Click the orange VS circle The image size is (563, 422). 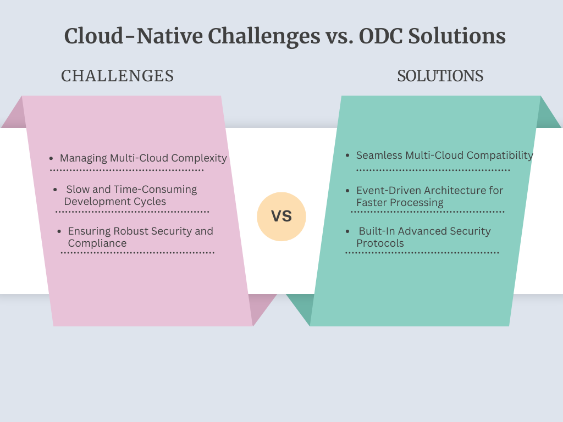point(281,216)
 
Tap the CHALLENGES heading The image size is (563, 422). point(118,76)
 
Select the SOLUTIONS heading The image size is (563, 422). point(440,76)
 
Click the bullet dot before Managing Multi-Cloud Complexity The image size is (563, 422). point(51,158)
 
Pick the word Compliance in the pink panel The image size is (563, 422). point(97,243)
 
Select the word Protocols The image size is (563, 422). point(380,243)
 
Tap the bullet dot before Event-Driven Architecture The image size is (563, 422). point(347,191)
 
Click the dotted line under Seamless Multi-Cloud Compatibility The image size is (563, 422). point(433,170)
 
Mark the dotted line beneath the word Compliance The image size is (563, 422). point(137,253)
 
